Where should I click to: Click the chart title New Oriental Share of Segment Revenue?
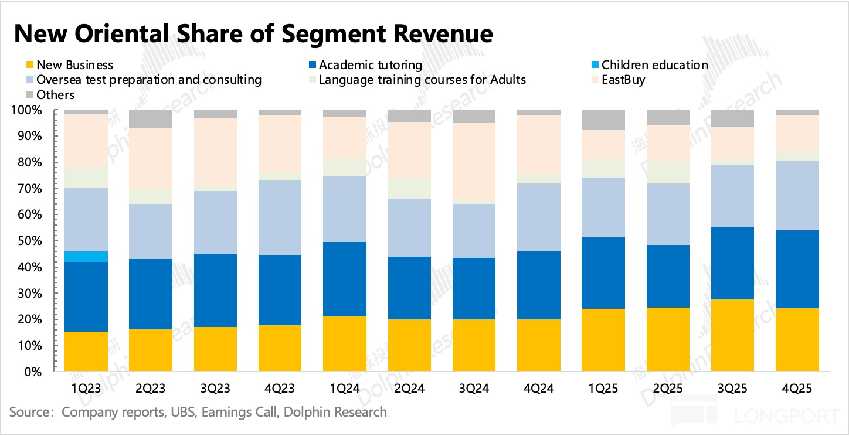tap(253, 33)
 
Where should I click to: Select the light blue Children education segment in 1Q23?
tap(86, 257)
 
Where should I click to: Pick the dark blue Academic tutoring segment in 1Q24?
tap(345, 279)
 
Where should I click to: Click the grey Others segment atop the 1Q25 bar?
tap(603, 120)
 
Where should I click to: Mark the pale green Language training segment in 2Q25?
tap(668, 172)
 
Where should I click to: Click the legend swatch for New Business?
tap(29, 65)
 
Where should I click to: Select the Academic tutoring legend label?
tap(370, 65)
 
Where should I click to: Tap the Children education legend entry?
tap(654, 65)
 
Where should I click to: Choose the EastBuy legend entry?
tap(623, 80)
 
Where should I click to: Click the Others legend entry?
tap(55, 94)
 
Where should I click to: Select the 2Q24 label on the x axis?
tap(409, 389)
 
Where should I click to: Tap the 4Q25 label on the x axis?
tap(797, 389)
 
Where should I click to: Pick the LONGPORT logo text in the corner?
tap(788, 417)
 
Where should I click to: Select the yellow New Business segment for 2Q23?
tap(151, 350)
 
